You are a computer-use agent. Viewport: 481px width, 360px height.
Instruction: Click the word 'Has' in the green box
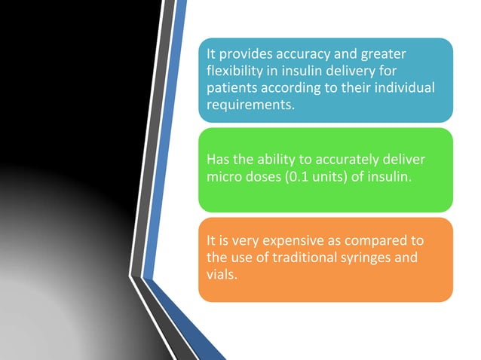click(x=218, y=160)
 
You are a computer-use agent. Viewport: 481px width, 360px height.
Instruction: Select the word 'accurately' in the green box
click(x=345, y=160)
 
